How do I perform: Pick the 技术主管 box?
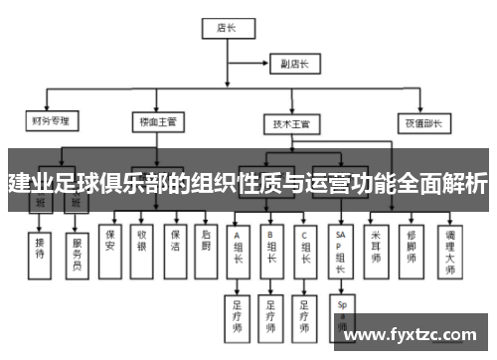pos(291,124)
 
